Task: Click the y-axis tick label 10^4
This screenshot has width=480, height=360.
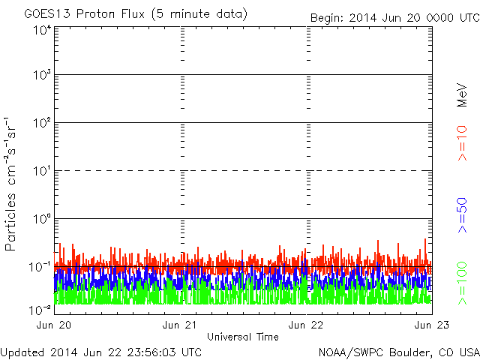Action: [42, 30]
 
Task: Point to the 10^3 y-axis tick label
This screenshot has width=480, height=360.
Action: [42, 76]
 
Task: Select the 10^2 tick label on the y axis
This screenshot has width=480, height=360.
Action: [42, 123]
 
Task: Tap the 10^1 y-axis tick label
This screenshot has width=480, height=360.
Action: [42, 171]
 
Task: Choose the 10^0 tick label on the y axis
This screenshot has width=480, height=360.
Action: [42, 219]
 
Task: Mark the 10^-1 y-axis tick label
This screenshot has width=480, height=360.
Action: [41, 267]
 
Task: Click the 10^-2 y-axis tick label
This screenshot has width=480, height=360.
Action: [41, 308]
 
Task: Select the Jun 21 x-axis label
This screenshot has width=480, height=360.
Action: [181, 325]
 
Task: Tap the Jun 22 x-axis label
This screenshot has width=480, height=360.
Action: [307, 325]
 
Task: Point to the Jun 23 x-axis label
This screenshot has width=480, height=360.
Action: [432, 325]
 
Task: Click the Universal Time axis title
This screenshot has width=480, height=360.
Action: [243, 337]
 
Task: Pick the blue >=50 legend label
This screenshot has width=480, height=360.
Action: [463, 213]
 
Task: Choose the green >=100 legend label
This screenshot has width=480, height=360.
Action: [463, 282]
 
